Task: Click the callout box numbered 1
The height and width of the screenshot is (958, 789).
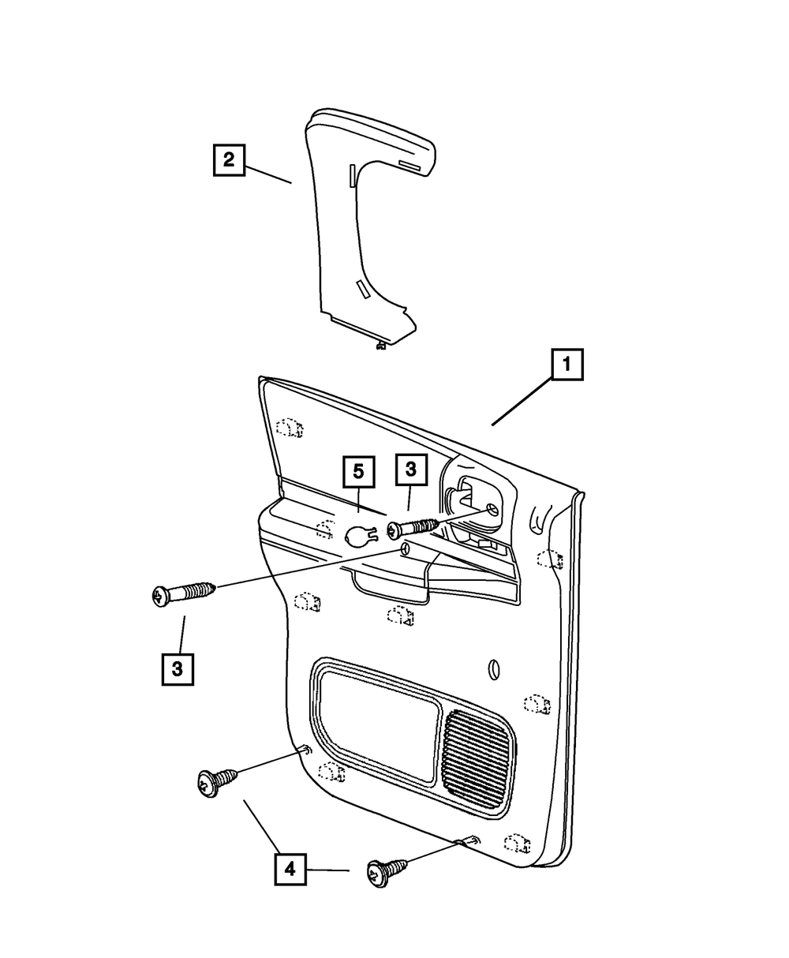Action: (x=567, y=365)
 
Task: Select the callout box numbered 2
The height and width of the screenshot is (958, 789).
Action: (x=229, y=160)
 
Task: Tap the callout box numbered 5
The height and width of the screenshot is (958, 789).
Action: (x=359, y=472)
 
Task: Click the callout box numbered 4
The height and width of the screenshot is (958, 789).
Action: (x=290, y=869)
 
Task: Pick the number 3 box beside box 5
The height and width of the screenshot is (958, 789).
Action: (x=411, y=470)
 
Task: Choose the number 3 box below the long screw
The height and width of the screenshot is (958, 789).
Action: (x=178, y=669)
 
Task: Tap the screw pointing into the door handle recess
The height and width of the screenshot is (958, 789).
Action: (x=413, y=528)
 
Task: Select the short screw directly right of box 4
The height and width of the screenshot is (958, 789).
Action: (x=387, y=871)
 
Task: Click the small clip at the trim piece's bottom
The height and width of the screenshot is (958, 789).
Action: (x=380, y=346)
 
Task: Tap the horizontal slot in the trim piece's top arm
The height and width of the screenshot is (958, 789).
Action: (x=409, y=166)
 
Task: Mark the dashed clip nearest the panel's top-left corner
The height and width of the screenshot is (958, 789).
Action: (x=290, y=428)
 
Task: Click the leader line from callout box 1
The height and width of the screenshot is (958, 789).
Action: (x=522, y=401)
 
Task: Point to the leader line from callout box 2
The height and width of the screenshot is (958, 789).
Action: (x=268, y=174)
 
